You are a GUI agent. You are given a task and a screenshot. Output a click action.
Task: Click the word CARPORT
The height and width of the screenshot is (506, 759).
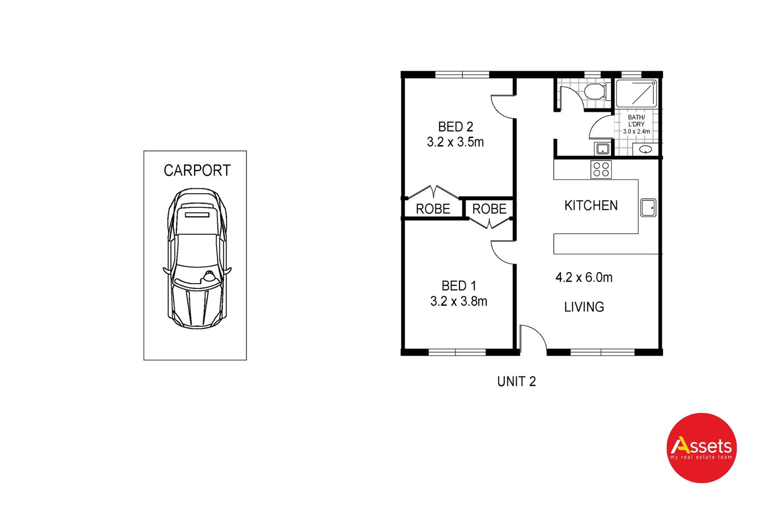(x=197, y=170)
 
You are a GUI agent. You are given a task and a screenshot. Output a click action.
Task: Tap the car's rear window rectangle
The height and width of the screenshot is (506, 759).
(x=197, y=215)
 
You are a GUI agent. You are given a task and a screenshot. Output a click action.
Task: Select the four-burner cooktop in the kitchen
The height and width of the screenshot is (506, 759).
(x=601, y=169)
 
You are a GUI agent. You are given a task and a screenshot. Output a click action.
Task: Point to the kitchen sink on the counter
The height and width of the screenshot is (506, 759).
(x=648, y=207)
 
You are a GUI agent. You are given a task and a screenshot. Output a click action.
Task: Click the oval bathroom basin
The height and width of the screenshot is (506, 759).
(x=646, y=149)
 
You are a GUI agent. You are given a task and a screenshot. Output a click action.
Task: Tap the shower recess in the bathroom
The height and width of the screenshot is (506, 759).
(x=636, y=93)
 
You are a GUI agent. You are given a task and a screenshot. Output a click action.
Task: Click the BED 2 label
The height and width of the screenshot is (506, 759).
(x=455, y=127)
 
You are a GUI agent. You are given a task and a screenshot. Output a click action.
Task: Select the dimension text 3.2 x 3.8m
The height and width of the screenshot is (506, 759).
(x=459, y=301)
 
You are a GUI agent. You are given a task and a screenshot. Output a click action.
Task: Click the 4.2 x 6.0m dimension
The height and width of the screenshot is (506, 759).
(x=584, y=278)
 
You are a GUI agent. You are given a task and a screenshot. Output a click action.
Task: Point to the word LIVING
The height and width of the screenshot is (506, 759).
(x=584, y=307)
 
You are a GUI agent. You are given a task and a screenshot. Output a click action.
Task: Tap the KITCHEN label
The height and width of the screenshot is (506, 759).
(x=591, y=206)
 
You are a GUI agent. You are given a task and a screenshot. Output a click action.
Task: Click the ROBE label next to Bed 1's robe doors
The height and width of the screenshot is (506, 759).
(x=489, y=209)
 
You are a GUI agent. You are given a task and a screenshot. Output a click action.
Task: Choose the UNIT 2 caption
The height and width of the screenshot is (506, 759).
(x=516, y=381)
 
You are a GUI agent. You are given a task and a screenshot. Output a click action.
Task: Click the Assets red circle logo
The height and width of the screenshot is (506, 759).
(x=702, y=448)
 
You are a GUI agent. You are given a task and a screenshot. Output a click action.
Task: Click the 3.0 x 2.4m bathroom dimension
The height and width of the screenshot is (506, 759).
(x=636, y=132)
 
